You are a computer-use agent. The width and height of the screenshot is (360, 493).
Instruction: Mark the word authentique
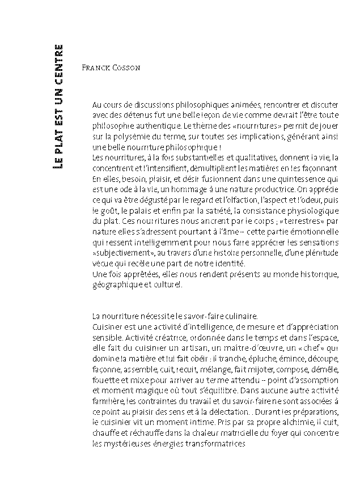click(149, 126)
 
